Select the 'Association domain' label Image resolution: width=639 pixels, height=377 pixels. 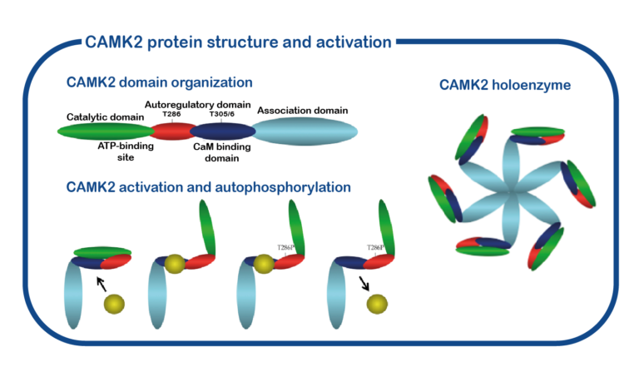coord(303,110)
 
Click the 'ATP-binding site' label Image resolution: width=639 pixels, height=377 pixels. coord(117,150)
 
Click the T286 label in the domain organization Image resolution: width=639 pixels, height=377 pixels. coord(171,117)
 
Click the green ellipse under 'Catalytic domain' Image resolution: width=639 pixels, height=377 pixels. coord(105,131)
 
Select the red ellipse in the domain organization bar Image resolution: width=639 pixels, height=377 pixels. coord(172,131)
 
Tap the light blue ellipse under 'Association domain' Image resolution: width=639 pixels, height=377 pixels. coord(305,131)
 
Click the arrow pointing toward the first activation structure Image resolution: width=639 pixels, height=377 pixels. coord(102,283)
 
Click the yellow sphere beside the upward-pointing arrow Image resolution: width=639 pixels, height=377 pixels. coord(115,304)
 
